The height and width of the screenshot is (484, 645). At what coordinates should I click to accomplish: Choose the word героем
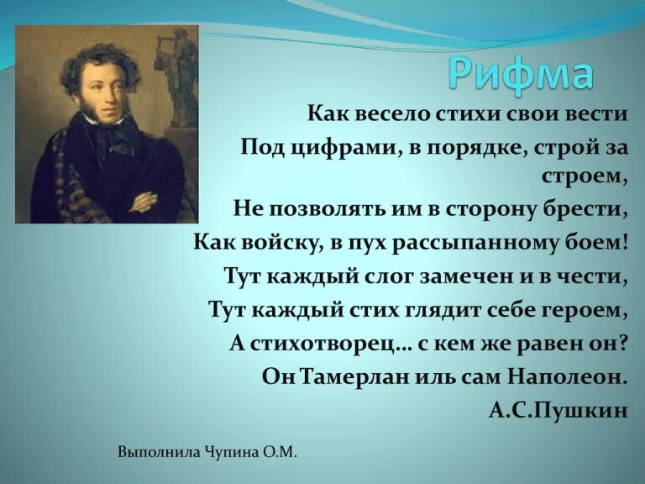586,309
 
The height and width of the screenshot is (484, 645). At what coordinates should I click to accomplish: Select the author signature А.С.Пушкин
557,410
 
